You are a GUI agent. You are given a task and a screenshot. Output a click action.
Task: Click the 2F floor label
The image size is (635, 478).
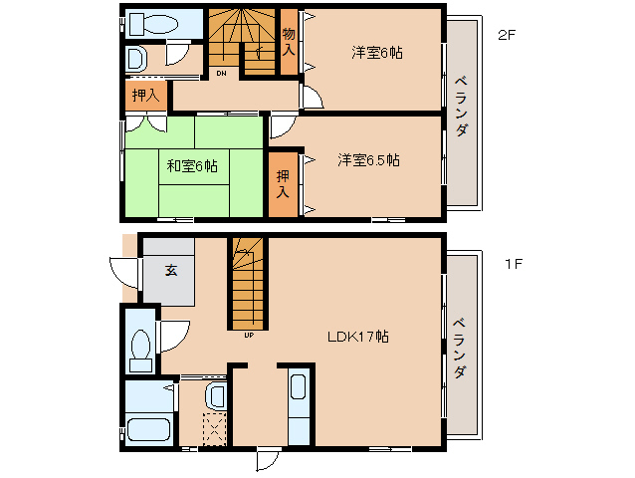coord(507,35)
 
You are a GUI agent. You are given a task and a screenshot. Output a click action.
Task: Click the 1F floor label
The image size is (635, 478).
coord(514,264)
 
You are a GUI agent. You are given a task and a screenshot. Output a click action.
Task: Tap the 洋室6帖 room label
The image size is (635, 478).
coord(377,53)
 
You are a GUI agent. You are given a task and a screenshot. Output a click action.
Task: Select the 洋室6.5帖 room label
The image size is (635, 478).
coord(368,160)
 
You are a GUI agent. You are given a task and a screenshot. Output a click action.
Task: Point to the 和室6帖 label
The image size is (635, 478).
coord(192,166)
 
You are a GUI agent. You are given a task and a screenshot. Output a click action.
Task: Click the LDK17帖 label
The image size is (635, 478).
coord(358,337)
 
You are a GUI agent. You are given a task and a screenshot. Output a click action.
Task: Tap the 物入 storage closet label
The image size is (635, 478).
coord(289,41)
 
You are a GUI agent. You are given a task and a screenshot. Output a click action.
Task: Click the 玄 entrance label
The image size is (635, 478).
coord(171,270)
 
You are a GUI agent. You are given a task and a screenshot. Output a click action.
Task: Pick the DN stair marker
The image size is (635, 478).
coord(221,74)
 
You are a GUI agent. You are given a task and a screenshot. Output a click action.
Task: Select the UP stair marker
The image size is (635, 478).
coord(249,335)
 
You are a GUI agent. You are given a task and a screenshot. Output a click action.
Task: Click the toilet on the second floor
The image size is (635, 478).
coord(153,24)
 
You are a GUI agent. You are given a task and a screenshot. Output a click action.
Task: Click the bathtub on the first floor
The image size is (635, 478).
coord(148,429)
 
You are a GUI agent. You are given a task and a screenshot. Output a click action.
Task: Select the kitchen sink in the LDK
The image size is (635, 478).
coord(299,386)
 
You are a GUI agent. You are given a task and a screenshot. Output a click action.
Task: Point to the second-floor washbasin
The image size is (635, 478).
coord(135,59)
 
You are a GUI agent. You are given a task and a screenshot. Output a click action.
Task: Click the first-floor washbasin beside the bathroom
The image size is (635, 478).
coord(215,395)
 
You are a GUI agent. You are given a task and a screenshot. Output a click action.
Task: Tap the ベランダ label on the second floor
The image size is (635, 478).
coord(461,107)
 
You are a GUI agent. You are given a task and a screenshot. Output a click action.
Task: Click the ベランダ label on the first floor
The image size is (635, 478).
coord(459,349)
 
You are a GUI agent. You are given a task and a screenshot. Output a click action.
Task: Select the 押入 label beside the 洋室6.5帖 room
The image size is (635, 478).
coord(283,184)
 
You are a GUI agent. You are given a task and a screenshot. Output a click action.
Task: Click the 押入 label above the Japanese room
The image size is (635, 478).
coord(145,96)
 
